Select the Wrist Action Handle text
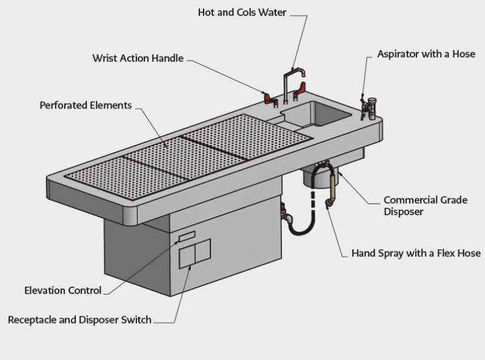tap(138, 59)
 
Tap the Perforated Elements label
tap(85, 105)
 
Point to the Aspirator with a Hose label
tap(426, 54)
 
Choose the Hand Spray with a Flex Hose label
tap(416, 253)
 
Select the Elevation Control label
tap(63, 290)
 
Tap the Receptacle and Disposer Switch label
tap(79, 319)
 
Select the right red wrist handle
tap(299, 92)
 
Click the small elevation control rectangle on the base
tap(187, 235)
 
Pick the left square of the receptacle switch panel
tap(187, 255)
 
